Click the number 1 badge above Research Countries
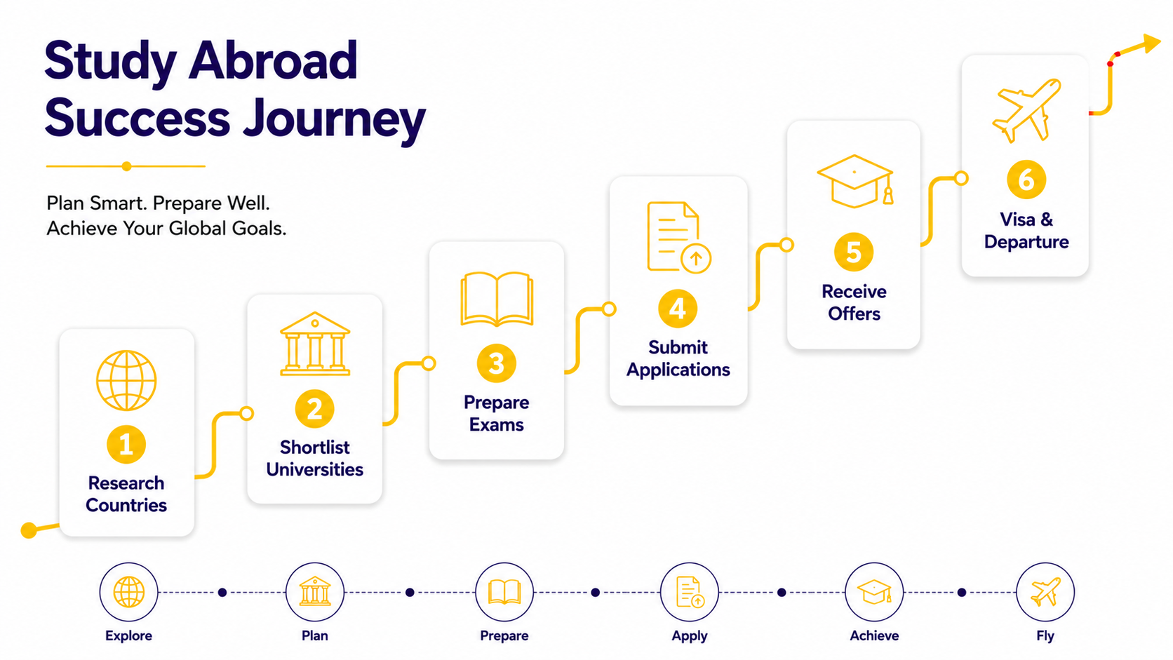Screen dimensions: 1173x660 tap(126, 445)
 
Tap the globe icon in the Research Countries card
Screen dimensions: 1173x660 tap(126, 380)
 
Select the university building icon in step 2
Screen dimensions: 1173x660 tap(315, 344)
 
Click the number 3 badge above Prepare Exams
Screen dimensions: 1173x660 tap(497, 363)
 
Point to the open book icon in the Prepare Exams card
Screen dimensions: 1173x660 tap(497, 299)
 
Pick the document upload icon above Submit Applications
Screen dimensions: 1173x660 tap(678, 237)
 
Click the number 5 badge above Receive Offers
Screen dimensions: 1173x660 tap(854, 252)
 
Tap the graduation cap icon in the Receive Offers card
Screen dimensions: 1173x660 tap(854, 181)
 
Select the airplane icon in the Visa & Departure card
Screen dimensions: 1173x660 tap(1026, 110)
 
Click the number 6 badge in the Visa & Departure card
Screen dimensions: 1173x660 tap(1026, 180)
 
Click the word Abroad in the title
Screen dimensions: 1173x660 tap(273, 61)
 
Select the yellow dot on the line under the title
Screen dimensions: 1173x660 tap(126, 166)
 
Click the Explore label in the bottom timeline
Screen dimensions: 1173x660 tap(128, 635)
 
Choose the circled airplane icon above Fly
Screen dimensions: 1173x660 tap(1045, 592)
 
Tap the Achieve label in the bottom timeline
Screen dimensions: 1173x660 tap(874, 635)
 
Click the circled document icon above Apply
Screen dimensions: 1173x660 tap(689, 592)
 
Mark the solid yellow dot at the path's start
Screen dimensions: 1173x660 tap(29, 530)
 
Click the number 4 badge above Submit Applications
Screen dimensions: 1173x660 tap(678, 309)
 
